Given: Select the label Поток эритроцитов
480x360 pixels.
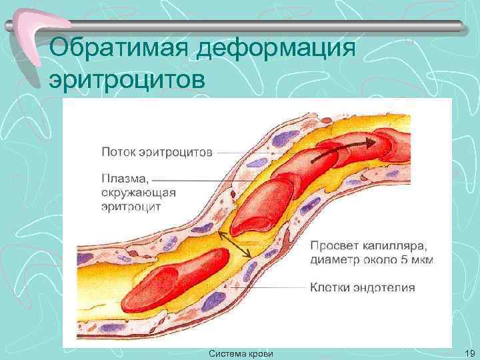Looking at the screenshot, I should click(157, 152).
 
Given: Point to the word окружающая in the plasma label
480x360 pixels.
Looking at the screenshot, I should click(138, 193).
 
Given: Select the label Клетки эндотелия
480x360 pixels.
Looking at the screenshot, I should click(363, 288).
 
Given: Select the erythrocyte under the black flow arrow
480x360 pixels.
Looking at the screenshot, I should click(333, 160).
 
